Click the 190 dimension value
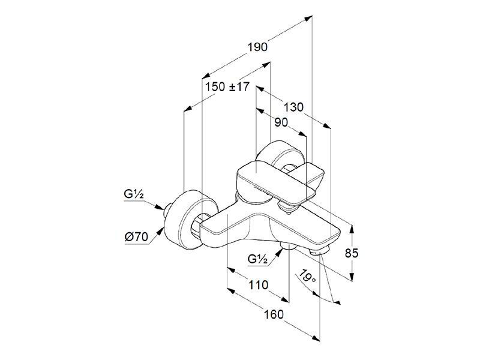257,47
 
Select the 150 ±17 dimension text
227,87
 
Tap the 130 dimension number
293,107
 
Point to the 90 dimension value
281,122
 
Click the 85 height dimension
351,253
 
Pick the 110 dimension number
258,285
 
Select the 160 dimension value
274,314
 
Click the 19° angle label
308,277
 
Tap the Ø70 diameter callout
136,237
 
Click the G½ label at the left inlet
134,194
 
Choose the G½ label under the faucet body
258,259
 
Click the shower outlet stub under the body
288,245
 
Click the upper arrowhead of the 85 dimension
352,229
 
